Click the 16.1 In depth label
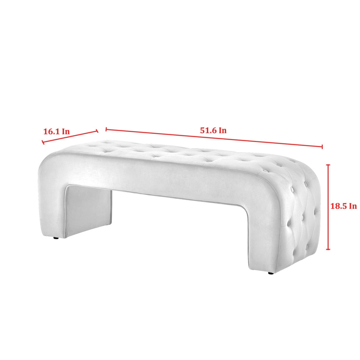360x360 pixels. (56, 132)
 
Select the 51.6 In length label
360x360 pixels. (213, 130)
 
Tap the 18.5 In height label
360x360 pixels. (344, 206)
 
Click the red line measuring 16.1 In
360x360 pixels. (70, 137)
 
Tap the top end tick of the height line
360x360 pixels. (328, 165)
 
